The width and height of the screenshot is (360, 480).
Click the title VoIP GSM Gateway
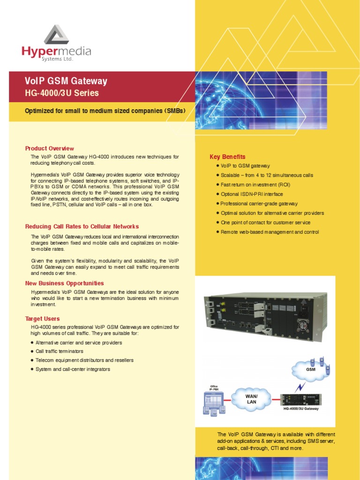pos(66,81)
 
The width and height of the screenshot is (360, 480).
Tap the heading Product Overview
pos(49,149)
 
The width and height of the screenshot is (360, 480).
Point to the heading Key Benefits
pos(227,157)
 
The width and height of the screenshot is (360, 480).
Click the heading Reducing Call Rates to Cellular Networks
pos(82,226)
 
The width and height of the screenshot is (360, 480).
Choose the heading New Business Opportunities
pos(64,283)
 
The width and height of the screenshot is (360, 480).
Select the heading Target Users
pos(42,319)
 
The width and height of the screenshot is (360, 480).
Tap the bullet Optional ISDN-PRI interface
pos(252,194)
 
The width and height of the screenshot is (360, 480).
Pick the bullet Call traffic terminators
pos(59,351)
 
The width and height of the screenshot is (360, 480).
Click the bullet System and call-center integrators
pos(73,369)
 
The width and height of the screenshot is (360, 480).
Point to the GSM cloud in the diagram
pos(311,368)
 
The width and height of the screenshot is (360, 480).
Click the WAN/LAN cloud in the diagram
pos(252,399)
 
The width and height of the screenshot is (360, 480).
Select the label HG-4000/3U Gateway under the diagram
pos(301,409)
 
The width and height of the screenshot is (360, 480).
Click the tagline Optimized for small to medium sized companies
pos(105,111)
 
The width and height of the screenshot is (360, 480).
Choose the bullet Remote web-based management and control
pos(270,232)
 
